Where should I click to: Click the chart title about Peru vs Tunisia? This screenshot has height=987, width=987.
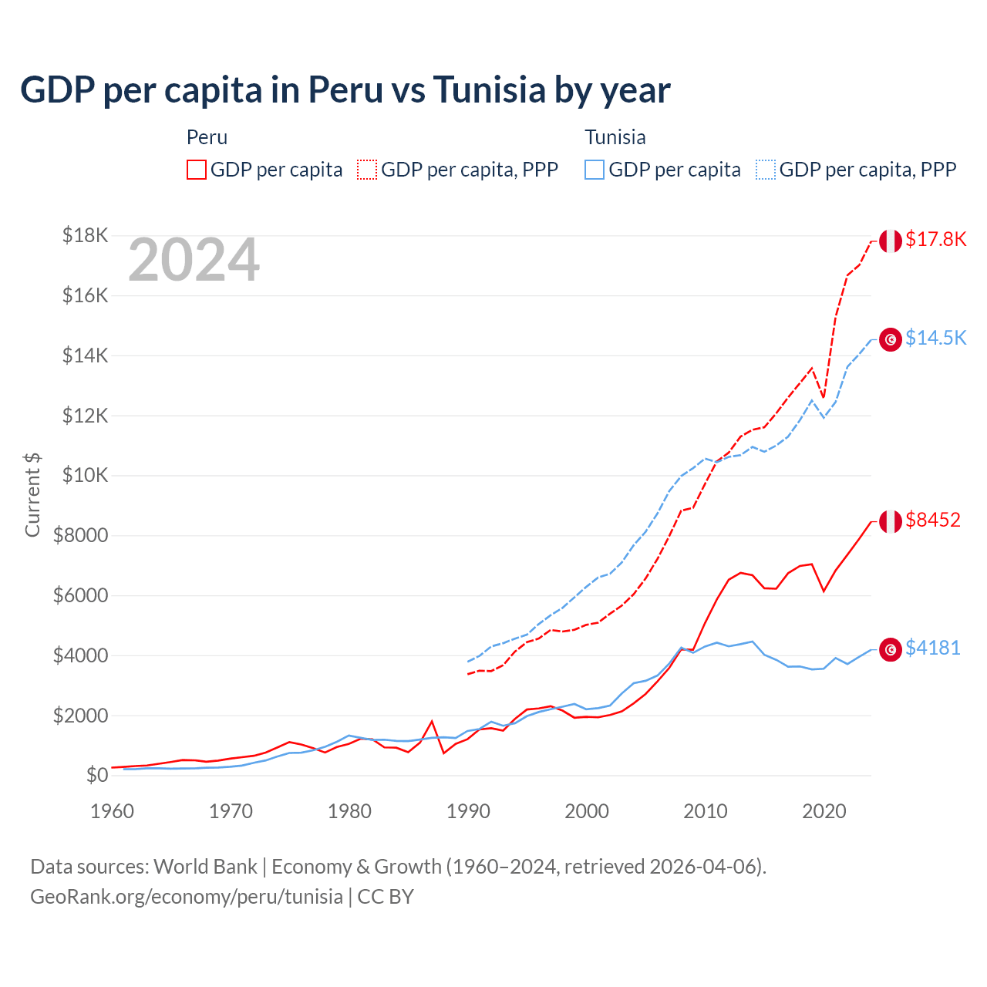click(345, 90)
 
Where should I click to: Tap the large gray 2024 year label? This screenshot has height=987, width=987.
click(194, 261)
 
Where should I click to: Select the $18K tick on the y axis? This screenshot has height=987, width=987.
click(85, 235)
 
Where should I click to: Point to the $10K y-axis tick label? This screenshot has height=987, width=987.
click(85, 475)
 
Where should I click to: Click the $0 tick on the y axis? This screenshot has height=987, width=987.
click(96, 775)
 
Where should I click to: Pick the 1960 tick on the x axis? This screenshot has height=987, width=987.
click(113, 811)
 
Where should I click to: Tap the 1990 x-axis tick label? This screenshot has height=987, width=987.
click(468, 811)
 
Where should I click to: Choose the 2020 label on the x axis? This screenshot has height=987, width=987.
click(824, 811)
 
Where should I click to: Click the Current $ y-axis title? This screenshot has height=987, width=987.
click(32, 494)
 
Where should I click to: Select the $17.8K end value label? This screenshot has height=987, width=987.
click(935, 240)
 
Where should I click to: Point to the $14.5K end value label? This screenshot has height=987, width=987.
click(935, 339)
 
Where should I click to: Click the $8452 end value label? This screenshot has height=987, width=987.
click(933, 520)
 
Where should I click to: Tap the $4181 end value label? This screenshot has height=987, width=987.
click(933, 648)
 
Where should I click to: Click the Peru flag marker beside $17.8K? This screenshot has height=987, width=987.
click(891, 241)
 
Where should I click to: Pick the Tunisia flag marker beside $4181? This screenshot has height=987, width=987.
click(891, 649)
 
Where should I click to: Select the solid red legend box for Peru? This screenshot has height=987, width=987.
click(197, 170)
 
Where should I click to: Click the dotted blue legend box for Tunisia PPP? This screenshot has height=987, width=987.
click(766, 170)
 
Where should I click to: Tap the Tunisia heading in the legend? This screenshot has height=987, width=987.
click(615, 137)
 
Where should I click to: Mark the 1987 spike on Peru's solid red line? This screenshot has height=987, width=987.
click(432, 722)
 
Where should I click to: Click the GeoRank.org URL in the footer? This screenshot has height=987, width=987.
click(187, 897)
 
